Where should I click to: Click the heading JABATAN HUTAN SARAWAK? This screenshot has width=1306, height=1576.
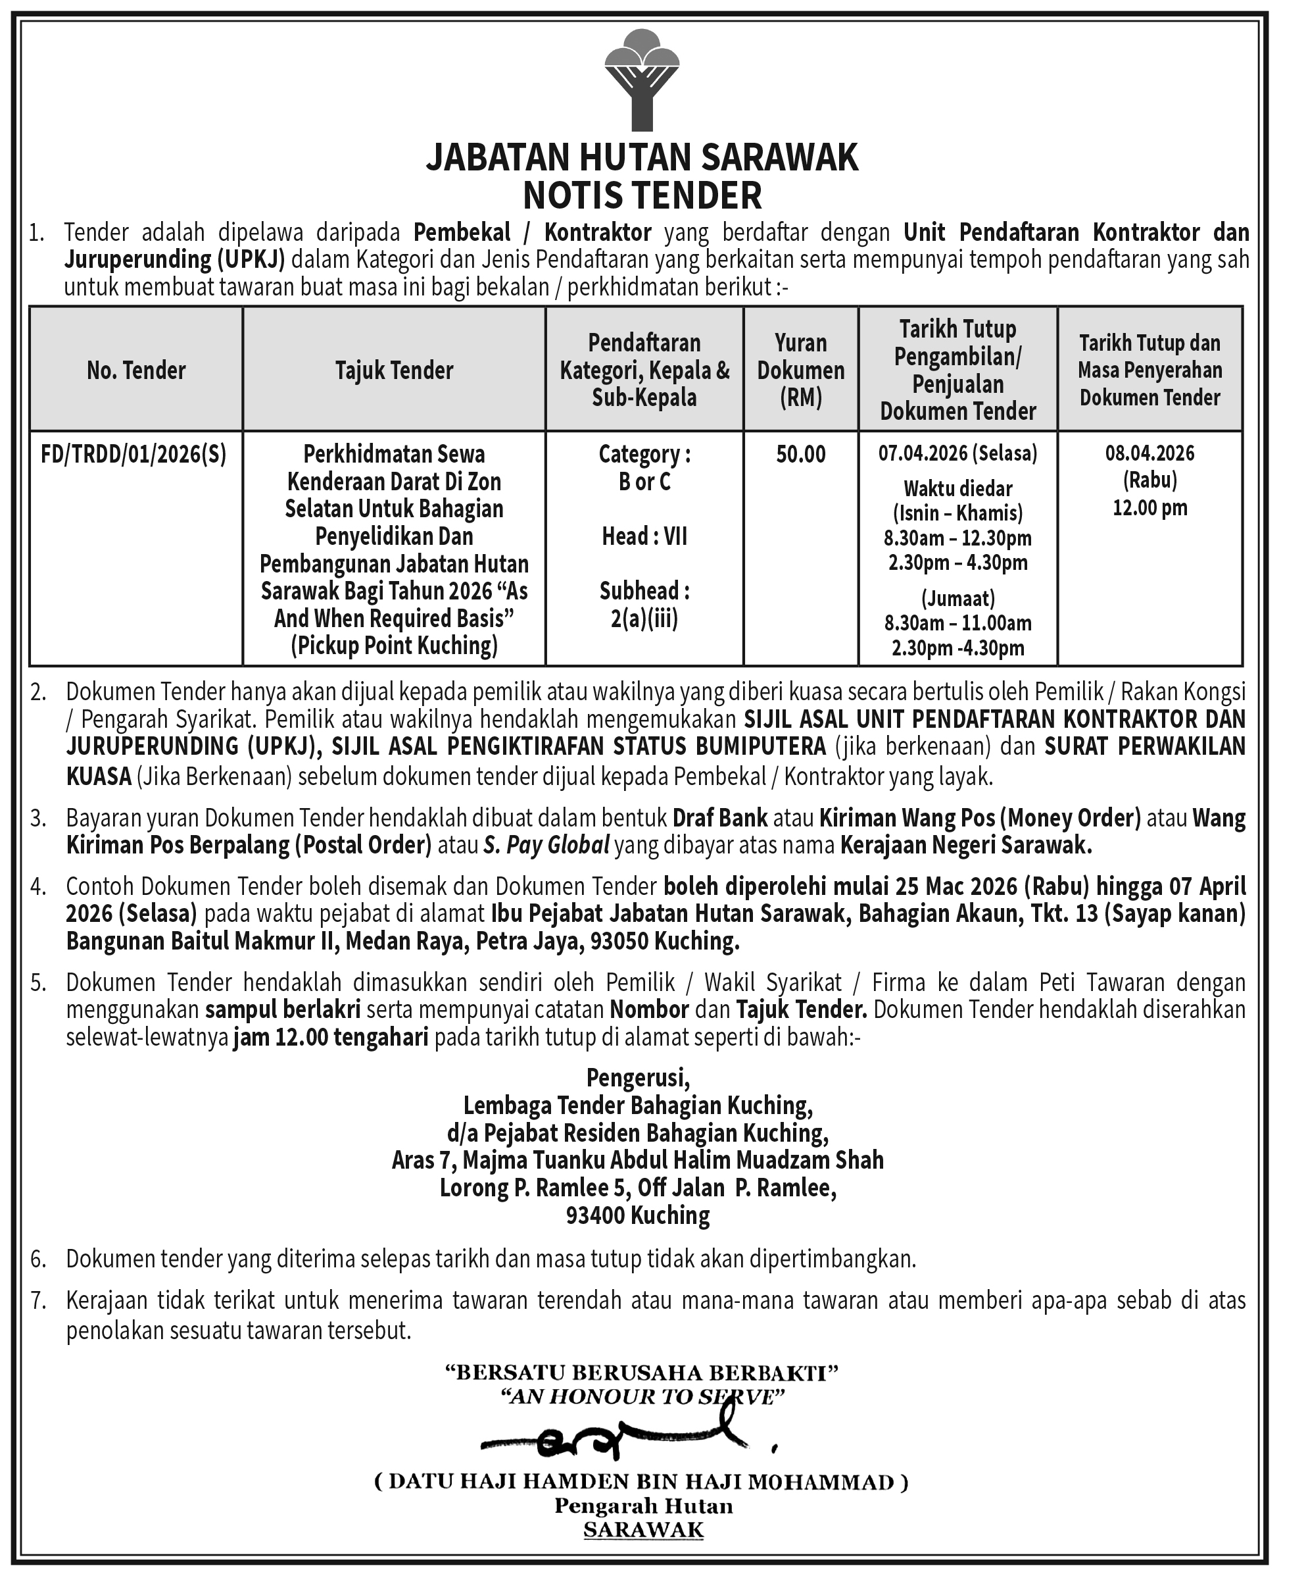pyautogui.click(x=641, y=159)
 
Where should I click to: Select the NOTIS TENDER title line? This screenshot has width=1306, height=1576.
pyautogui.click(x=641, y=196)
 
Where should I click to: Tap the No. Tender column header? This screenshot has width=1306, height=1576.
pyautogui.click(x=135, y=370)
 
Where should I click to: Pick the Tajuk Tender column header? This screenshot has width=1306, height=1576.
pyautogui.click(x=394, y=370)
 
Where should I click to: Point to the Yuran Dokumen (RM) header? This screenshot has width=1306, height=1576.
pyautogui.click(x=800, y=370)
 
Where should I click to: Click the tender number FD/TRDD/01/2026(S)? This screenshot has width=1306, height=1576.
pyautogui.click(x=133, y=454)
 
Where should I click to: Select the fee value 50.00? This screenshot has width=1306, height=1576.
pyautogui.click(x=800, y=454)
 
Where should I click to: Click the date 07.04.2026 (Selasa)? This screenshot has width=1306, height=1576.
pyautogui.click(x=958, y=453)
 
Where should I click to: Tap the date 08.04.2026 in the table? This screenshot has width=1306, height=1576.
pyautogui.click(x=1149, y=453)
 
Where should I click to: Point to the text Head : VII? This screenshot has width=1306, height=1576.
pyautogui.click(x=644, y=536)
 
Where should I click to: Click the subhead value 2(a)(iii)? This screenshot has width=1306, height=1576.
pyautogui.click(x=644, y=619)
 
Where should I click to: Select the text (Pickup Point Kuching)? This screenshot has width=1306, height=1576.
pyautogui.click(x=394, y=646)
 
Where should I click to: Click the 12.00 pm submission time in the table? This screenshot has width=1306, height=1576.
pyautogui.click(x=1149, y=508)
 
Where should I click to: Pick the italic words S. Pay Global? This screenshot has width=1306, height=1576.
pyautogui.click(x=546, y=846)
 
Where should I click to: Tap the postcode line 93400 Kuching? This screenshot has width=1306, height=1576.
pyautogui.click(x=638, y=1215)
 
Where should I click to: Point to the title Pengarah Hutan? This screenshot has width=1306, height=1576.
pyautogui.click(x=644, y=1506)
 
